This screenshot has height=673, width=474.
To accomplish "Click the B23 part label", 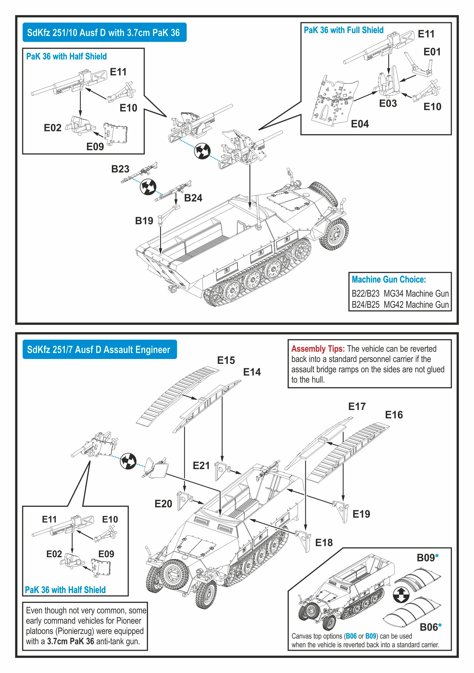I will (x=120, y=169).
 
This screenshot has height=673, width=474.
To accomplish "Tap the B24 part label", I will (x=193, y=198).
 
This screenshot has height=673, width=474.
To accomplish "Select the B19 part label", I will (x=144, y=221).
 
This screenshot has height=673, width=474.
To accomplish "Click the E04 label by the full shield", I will (x=360, y=124).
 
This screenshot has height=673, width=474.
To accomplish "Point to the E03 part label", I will (x=388, y=104).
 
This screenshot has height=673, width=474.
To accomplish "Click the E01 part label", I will (x=432, y=52).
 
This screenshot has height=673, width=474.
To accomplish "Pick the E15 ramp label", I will (x=226, y=360).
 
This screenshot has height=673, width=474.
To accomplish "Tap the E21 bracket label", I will (x=201, y=466).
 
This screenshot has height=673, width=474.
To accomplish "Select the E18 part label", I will (x=324, y=543).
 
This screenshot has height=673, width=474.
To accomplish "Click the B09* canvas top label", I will (x=427, y=557).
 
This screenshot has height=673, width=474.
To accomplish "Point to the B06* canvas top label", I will (x=430, y=627).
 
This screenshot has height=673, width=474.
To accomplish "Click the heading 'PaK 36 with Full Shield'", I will (x=343, y=30).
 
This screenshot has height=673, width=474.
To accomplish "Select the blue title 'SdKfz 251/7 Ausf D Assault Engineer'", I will (x=99, y=350).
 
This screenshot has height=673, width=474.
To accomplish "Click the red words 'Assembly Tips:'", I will (x=318, y=349).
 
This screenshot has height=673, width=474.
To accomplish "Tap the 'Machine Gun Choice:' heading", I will (x=389, y=279).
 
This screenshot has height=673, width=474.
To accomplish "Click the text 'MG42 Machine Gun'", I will (x=416, y=305).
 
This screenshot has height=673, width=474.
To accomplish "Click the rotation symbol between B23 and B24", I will (x=148, y=187).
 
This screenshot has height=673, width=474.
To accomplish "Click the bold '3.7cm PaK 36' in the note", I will (x=71, y=641).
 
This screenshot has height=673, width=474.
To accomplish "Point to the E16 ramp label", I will (x=394, y=415).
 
